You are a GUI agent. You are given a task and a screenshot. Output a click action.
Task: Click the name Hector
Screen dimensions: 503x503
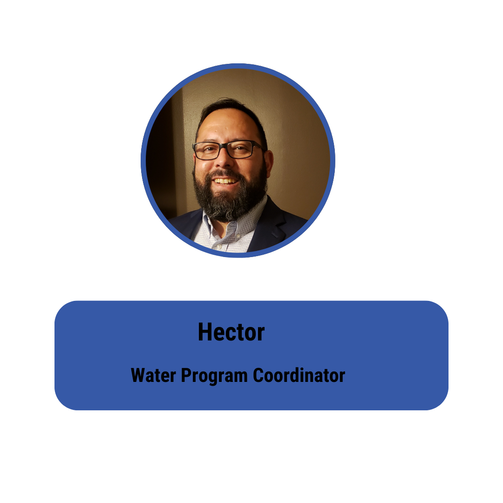pos(231,332)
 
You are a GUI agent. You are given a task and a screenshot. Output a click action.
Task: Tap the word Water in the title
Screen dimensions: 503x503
pos(153,375)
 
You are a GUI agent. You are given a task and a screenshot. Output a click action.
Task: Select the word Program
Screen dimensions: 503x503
pos(214,376)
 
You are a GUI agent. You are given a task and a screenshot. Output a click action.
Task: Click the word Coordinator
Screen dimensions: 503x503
pos(299,375)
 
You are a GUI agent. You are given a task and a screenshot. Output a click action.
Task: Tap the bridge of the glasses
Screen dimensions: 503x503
pos(224,147)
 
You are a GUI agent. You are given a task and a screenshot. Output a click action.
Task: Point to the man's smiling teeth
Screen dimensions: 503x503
pos(225,181)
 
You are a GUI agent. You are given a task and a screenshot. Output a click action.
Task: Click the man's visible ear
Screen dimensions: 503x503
pos(268,163)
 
